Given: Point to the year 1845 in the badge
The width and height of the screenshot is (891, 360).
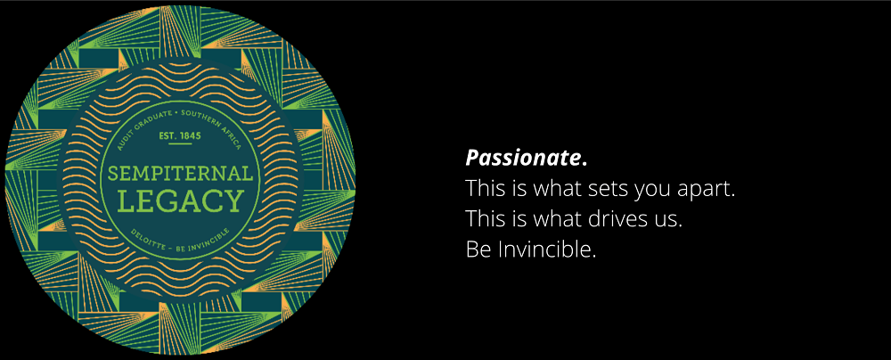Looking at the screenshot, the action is pyautogui.click(x=190, y=136).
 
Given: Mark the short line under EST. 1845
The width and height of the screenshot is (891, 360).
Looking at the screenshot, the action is pyautogui.click(x=181, y=144).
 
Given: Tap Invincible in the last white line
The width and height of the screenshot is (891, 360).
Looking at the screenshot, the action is pyautogui.click(x=547, y=250).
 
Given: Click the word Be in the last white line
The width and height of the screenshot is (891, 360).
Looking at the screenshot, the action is pyautogui.click(x=478, y=250).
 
